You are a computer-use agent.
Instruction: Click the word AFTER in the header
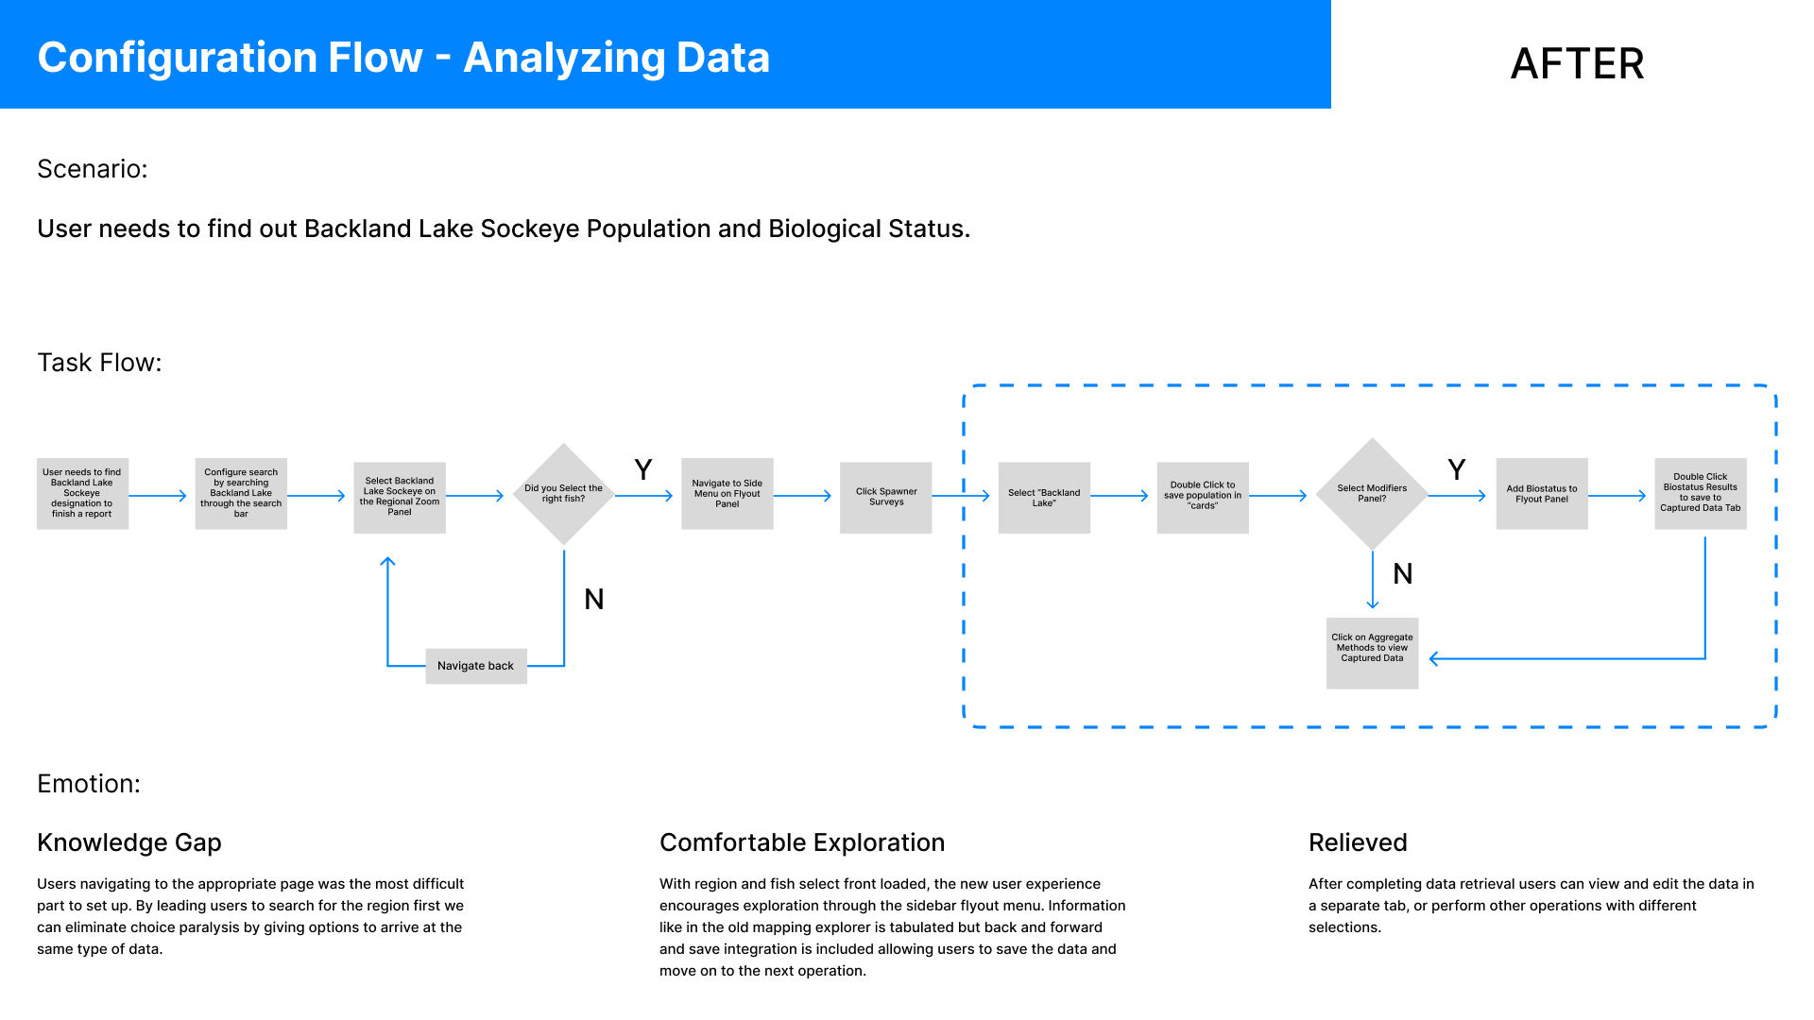pyautogui.click(x=1577, y=63)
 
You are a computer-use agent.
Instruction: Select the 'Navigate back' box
pyautogui.click(x=476, y=666)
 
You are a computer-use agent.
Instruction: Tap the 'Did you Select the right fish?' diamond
pyautogui.click(x=564, y=494)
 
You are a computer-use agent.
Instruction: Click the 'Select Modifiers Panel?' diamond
pyautogui.click(x=1372, y=494)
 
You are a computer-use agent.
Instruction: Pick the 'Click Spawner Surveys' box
pyautogui.click(x=886, y=497)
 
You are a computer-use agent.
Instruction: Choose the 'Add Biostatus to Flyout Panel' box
pyautogui.click(x=1542, y=494)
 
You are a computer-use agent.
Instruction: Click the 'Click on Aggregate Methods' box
pyautogui.click(x=1372, y=653)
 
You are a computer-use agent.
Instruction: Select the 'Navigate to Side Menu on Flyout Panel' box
pyautogui.click(x=727, y=494)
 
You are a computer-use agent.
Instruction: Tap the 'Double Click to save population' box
pyautogui.click(x=1203, y=497)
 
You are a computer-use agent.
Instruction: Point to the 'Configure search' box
pyautogui.click(x=241, y=494)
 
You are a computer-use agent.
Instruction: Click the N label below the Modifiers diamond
pyautogui.click(x=1403, y=574)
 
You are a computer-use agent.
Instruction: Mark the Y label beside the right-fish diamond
pyautogui.click(x=643, y=470)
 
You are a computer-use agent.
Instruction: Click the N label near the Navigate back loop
pyautogui.click(x=594, y=600)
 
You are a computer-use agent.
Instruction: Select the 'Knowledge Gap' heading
pyautogui.click(x=129, y=842)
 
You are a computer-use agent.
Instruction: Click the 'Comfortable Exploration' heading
pyautogui.click(x=802, y=842)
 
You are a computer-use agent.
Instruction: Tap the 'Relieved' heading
pyautogui.click(x=1358, y=842)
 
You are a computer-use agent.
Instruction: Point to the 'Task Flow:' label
pyautogui.click(x=99, y=363)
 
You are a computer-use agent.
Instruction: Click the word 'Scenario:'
pyautogui.click(x=93, y=169)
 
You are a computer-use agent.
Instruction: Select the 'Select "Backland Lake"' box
pyautogui.click(x=1044, y=497)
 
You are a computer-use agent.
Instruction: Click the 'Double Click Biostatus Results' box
pyautogui.click(x=1701, y=494)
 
